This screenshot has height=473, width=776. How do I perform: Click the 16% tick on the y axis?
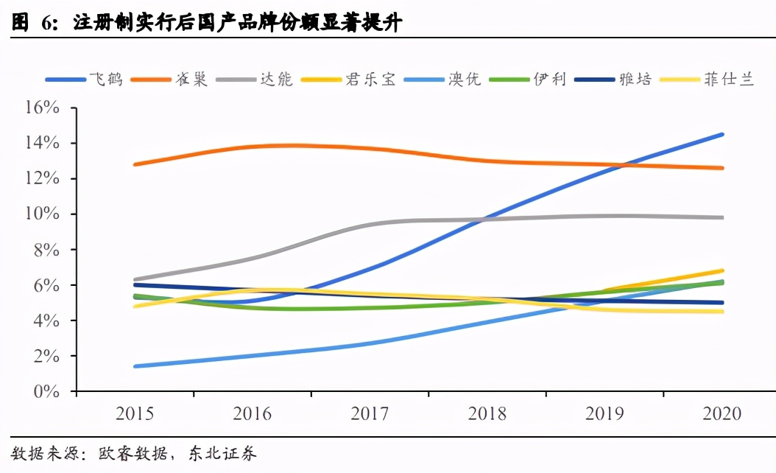pyautogui.click(x=42, y=108)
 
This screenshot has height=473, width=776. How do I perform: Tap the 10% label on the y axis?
pyautogui.click(x=42, y=214)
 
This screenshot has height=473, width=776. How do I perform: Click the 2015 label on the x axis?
pyautogui.click(x=135, y=414)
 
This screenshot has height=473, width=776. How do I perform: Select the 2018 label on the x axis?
pyautogui.click(x=487, y=414)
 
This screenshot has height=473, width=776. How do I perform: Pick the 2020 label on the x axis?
pyautogui.click(x=722, y=414)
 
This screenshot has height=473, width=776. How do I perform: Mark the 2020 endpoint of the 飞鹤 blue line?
pyautogui.click(x=722, y=134)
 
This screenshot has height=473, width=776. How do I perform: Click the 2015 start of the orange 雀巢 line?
pyautogui.click(x=135, y=164)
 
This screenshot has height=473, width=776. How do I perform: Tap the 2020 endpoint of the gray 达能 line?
pyautogui.click(x=722, y=217)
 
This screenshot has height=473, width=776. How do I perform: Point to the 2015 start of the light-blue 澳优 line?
pyautogui.click(x=135, y=366)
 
